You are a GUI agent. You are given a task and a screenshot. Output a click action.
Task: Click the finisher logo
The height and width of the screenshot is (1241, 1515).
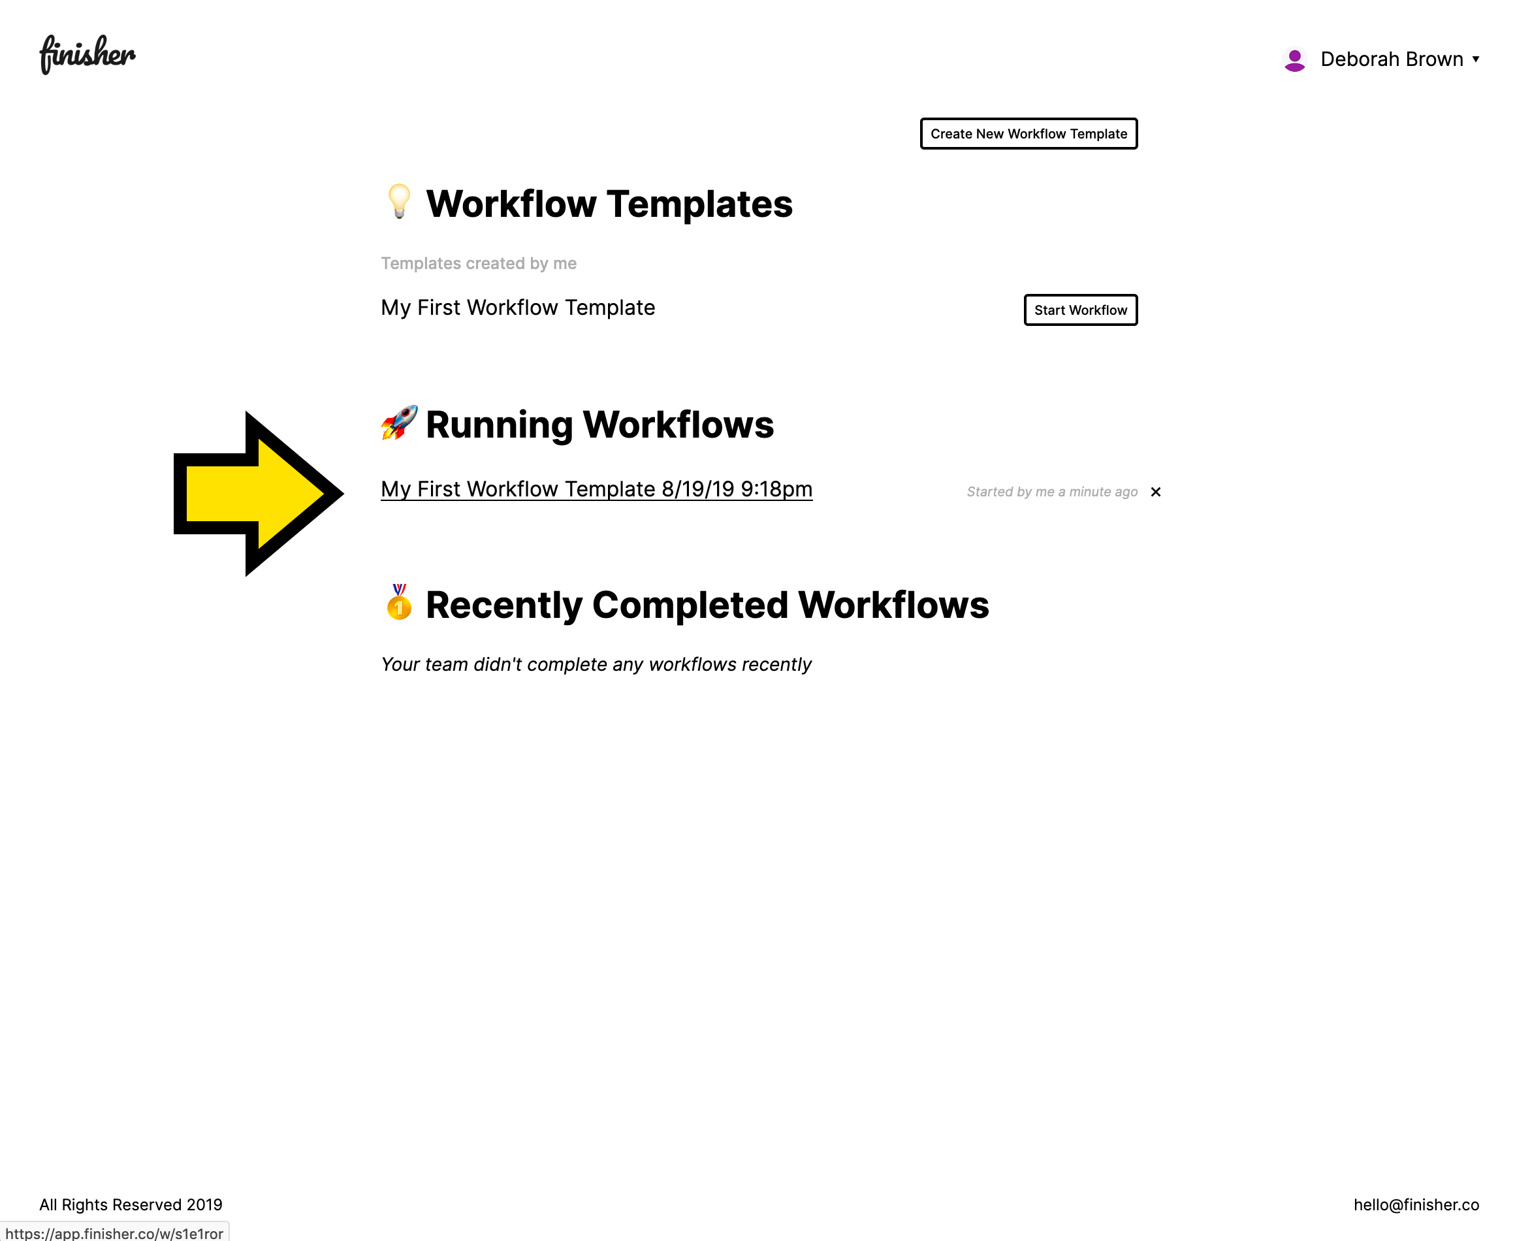point(88,54)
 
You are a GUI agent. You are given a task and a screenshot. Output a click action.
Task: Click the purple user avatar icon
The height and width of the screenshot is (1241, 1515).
point(1294,59)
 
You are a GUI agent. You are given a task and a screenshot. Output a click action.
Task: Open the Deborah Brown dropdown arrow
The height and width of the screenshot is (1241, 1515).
point(1475,59)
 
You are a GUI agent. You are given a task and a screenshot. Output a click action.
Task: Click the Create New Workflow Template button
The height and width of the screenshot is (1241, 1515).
point(1029,134)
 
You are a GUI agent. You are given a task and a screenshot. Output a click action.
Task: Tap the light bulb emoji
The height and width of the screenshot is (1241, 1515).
point(399,202)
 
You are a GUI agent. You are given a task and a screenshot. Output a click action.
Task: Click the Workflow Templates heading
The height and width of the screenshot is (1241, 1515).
point(609,204)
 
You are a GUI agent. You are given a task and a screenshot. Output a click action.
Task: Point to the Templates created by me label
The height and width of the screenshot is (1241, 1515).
point(478,263)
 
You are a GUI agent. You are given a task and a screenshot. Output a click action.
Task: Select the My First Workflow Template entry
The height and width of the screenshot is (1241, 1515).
point(517,308)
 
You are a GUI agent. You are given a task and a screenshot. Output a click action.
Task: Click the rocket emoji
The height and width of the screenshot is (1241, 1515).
point(399,423)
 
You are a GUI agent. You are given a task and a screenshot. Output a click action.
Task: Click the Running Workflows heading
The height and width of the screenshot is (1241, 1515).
point(599,425)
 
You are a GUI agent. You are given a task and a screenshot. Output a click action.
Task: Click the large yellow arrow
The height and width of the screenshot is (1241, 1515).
point(258,493)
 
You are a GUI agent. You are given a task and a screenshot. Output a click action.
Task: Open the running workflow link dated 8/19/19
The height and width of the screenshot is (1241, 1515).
point(597,489)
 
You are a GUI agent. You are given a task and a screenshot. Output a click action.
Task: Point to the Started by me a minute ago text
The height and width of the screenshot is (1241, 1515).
point(1052,492)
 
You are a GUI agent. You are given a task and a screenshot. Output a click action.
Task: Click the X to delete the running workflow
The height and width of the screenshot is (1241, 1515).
point(1156,492)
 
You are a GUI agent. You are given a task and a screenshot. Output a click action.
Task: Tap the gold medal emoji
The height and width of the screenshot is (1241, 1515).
point(399,602)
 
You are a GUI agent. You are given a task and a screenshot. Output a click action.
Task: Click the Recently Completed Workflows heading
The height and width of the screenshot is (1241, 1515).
point(707,605)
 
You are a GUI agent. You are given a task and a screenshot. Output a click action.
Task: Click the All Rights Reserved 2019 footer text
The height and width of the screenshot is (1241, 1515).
point(131,1204)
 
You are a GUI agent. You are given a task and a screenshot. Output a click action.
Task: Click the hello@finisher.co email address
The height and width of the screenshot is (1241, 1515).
point(1416,1204)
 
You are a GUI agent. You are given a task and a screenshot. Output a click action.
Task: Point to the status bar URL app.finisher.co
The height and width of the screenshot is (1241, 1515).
point(114,1233)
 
